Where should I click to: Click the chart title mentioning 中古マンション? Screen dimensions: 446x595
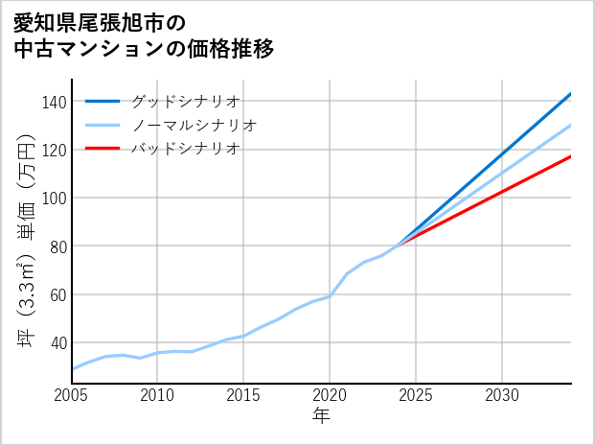[144, 35]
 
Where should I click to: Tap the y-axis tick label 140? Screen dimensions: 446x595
[55, 102]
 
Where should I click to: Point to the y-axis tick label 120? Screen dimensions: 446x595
[55, 150]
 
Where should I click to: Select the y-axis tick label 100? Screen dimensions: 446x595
[55, 198]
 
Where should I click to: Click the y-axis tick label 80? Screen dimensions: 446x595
[58, 246]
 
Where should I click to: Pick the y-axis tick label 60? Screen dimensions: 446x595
[58, 294]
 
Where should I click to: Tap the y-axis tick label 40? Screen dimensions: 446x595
[58, 342]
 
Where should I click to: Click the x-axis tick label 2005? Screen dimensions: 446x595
[72, 395]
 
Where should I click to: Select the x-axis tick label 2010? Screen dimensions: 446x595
[157, 395]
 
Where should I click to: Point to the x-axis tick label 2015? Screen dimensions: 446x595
[243, 395]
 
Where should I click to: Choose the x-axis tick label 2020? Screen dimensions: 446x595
[330, 395]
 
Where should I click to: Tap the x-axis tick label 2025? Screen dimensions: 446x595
[416, 395]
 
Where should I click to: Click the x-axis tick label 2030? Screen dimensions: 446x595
[502, 395]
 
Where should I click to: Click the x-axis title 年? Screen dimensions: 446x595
[322, 416]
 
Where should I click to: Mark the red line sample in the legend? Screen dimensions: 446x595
[103, 149]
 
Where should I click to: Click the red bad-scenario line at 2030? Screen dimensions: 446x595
[502, 191]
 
